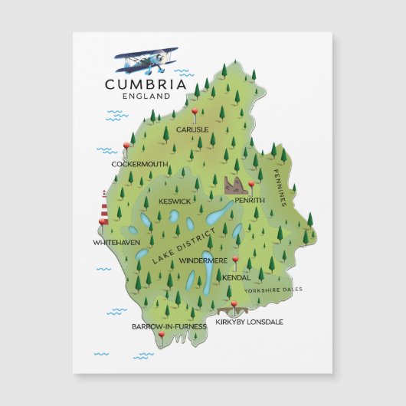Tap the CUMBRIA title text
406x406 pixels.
(146, 84)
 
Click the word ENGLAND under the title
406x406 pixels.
(146, 97)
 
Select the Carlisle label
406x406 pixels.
(192, 129)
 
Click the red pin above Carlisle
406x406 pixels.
(195, 113)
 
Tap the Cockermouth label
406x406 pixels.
(139, 164)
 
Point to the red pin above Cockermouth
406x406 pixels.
(127, 146)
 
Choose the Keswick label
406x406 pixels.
(175, 201)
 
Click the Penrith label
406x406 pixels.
(250, 200)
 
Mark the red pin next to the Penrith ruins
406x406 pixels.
(250, 185)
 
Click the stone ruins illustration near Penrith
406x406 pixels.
(235, 185)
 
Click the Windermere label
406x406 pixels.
(202, 260)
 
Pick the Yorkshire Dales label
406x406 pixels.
(273, 290)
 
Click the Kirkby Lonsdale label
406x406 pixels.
(249, 322)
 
